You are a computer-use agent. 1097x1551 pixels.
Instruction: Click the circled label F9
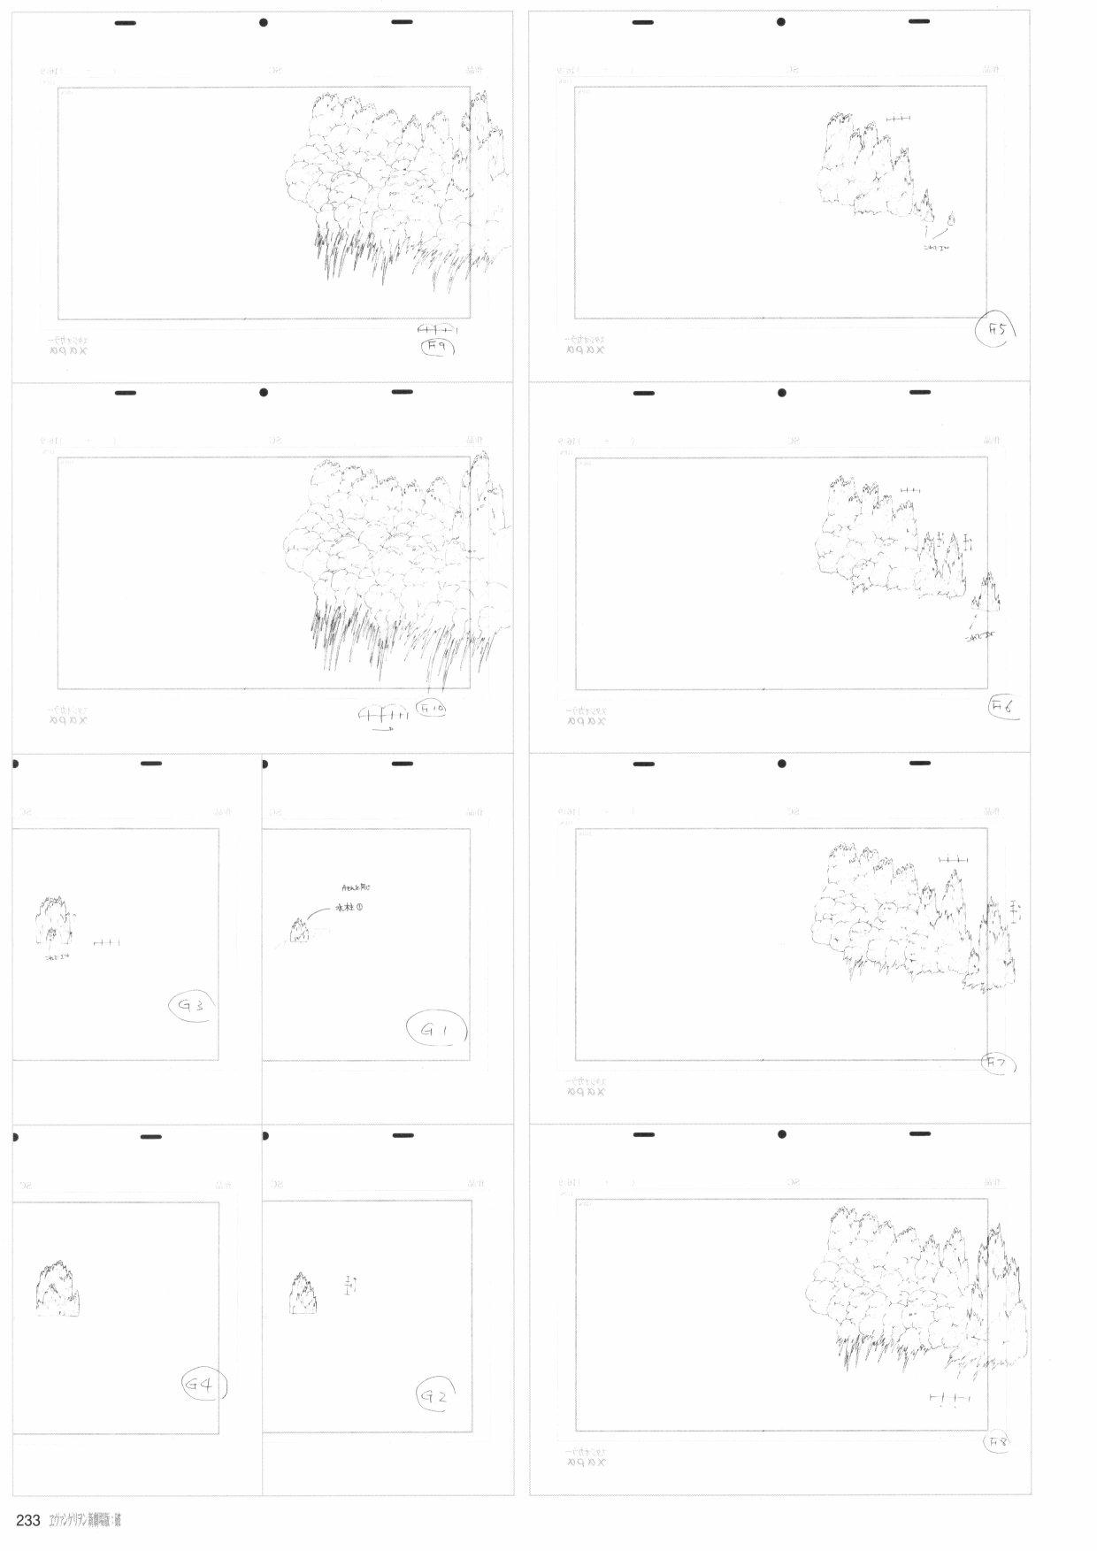436,349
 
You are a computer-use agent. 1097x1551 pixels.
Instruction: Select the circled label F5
998,332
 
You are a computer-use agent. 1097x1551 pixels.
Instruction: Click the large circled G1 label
436,1030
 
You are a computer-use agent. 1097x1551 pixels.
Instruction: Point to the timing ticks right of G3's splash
106,942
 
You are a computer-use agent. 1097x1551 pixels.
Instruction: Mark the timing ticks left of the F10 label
383,715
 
